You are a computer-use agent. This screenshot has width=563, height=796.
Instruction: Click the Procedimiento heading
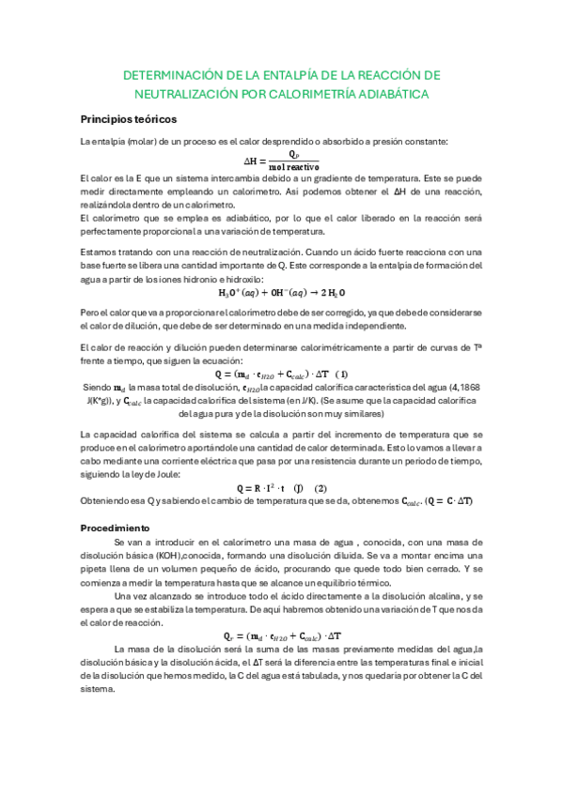(x=115, y=528)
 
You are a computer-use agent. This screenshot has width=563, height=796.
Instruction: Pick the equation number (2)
(x=320, y=488)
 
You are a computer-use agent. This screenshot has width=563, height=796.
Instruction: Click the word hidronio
(x=207, y=279)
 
